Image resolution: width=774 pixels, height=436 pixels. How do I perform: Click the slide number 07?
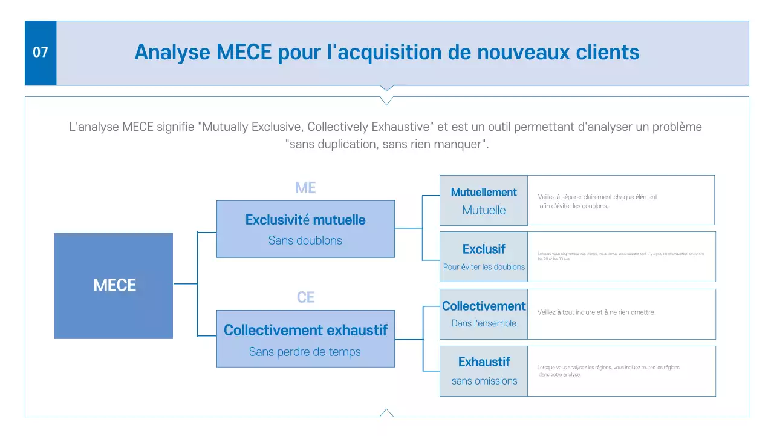point(41,53)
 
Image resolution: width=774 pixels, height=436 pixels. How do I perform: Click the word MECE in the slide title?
point(243,52)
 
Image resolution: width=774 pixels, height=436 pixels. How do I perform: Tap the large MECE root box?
point(114,285)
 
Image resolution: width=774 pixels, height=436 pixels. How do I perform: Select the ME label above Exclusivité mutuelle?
point(305,188)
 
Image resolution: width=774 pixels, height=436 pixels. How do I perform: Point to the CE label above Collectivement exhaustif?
point(305,297)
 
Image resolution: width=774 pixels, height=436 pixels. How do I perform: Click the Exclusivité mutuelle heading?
point(305,220)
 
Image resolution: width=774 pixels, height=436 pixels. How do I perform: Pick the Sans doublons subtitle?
point(305,240)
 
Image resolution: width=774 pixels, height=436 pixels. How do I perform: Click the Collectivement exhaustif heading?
point(305,330)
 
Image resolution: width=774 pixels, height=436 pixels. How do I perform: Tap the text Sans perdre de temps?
point(305,352)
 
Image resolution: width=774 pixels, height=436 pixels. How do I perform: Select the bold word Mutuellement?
point(484,192)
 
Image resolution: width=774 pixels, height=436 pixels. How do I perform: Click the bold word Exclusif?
point(484,249)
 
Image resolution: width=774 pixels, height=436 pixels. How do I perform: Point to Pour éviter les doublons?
point(484,267)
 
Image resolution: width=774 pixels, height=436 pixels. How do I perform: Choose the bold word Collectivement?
point(484,306)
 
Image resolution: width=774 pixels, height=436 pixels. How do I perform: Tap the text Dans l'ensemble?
point(484,323)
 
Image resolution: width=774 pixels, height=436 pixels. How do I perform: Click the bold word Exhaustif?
point(484,362)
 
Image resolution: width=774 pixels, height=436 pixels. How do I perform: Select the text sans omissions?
point(484,381)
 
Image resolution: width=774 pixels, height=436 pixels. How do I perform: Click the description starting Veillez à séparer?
point(597,201)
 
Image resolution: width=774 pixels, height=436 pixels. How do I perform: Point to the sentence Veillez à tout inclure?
point(596,312)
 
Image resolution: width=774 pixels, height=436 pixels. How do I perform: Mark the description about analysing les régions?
point(608,371)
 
